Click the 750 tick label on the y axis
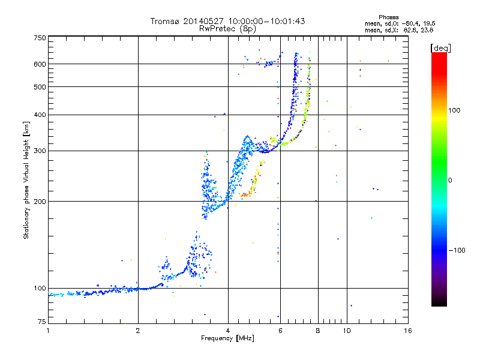[x=39, y=37]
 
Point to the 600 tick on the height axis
[x=39, y=64]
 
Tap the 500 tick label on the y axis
[x=39, y=86]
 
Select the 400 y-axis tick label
[x=39, y=115]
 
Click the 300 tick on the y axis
[x=39, y=151]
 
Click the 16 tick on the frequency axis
[x=408, y=331]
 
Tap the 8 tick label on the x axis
[x=318, y=331]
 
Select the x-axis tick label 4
[x=228, y=331]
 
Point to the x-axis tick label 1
[x=48, y=331]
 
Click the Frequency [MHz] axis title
[x=228, y=338]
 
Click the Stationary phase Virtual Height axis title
[x=26, y=181]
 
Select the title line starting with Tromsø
[x=228, y=21]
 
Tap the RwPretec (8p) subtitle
[x=228, y=28]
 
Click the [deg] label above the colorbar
[x=441, y=47]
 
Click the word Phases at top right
[x=390, y=17]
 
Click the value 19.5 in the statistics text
[x=436, y=23]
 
